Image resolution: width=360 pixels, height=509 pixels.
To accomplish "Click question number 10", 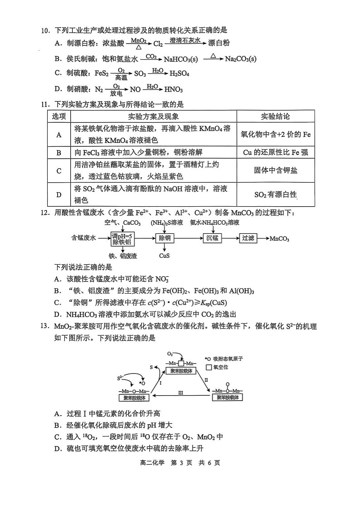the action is [x=44, y=30].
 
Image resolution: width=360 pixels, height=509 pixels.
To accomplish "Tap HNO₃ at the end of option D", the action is [x=173, y=89].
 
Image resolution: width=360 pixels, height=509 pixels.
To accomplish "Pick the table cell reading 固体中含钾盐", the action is [x=276, y=170].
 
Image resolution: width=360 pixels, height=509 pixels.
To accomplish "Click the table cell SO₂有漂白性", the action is [x=275, y=195].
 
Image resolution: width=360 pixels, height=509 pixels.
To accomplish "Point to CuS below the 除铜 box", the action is [x=164, y=256].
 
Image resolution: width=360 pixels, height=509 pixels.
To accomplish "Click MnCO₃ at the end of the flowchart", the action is [x=279, y=238].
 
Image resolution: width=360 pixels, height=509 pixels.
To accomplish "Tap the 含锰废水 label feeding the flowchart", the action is [x=84, y=238].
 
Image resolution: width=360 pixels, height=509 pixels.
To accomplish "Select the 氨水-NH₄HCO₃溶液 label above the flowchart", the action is [x=214, y=223].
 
